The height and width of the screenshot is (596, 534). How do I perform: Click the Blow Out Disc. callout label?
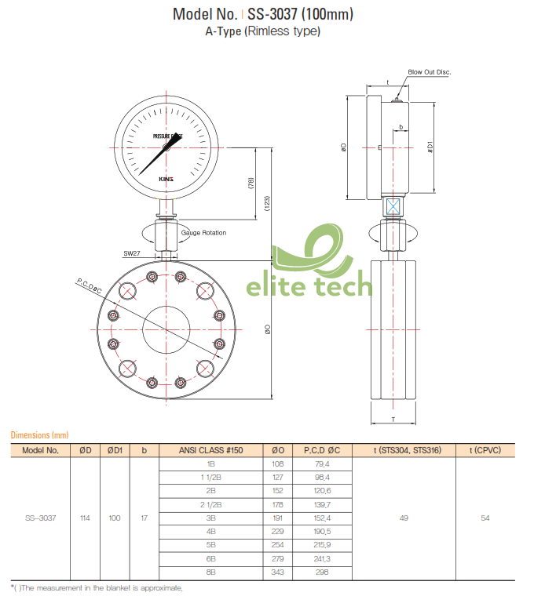coord(429,72)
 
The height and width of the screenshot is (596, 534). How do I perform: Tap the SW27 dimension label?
coord(131,253)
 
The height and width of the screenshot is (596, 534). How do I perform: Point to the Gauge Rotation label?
coord(203,233)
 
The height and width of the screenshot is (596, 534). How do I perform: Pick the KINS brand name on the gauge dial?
coord(166,179)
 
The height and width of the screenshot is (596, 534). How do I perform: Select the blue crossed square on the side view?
coord(393,207)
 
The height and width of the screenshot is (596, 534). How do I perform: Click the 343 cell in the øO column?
coord(277,572)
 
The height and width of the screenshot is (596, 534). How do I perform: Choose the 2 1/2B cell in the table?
coord(210,504)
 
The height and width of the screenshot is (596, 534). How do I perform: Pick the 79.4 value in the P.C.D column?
coord(322,464)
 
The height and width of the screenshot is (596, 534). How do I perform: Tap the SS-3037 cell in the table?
coord(40,518)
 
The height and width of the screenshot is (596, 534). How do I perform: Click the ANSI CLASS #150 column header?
coord(210,450)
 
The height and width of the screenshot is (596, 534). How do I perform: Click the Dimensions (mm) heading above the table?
coord(39,434)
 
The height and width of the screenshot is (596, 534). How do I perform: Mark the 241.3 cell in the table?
coord(322,558)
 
